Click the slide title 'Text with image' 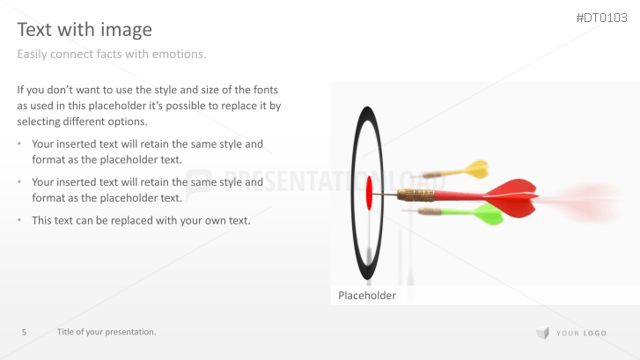coord(85,29)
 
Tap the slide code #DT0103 coord(601,18)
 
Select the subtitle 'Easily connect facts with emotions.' coord(112,55)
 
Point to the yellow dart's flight coord(474,167)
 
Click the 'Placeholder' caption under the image coord(367,296)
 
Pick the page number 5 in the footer coord(25,332)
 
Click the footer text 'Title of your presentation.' coord(107,332)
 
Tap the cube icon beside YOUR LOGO coord(542,332)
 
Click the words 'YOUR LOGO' coord(581,333)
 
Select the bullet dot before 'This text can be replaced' coord(20,220)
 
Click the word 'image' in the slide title coord(129,29)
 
